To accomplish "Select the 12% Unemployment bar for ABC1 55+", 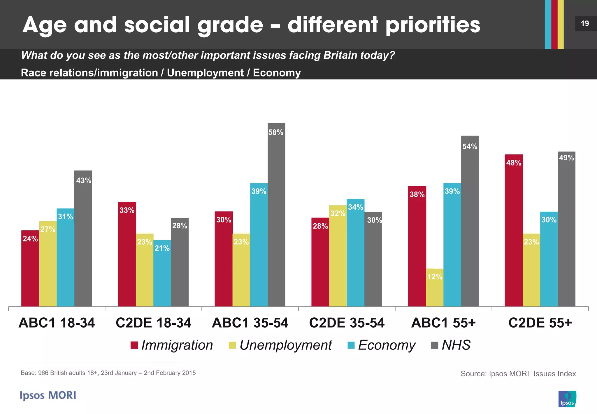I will click(x=435, y=288).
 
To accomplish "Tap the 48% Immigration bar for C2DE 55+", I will click(x=514, y=231).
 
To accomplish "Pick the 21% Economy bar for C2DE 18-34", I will click(x=162, y=273).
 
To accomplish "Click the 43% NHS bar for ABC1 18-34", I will click(x=83, y=238).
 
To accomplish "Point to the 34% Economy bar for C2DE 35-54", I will click(x=355, y=253).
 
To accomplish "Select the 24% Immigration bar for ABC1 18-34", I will click(x=30, y=269).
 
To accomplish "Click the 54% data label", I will click(x=470, y=147).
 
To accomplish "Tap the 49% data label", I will click(x=566, y=158).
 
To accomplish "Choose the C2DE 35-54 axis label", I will click(x=347, y=323).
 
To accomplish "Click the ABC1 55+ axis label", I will click(x=443, y=323).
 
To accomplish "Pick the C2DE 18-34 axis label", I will click(x=153, y=323).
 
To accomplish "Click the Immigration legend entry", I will click(x=172, y=345).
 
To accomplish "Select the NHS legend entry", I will click(x=451, y=345).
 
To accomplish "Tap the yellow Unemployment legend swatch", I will click(x=232, y=345).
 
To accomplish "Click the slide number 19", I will click(x=585, y=23).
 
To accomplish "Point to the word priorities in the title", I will click(x=433, y=25).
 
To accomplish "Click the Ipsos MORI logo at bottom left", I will click(x=48, y=395).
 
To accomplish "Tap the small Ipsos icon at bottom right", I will click(x=567, y=399).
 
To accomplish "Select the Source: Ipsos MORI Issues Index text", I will click(x=518, y=374).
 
